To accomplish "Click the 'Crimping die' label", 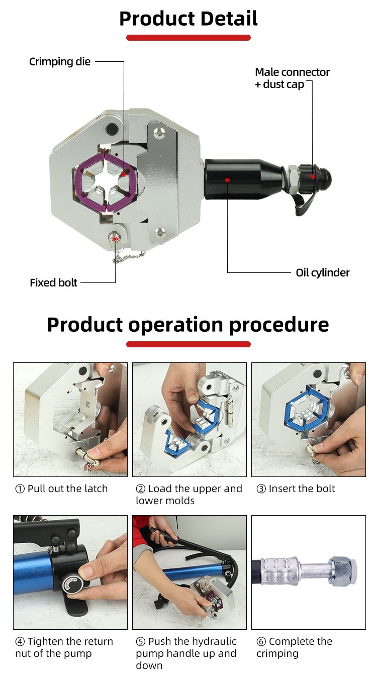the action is (60, 62).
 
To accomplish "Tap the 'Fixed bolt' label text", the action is (54, 282).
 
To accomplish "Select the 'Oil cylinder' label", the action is (323, 273).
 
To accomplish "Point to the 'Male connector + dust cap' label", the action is (292, 78).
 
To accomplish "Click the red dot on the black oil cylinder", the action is (227, 180).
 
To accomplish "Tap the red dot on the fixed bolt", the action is (115, 239).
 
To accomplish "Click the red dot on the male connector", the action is (313, 176).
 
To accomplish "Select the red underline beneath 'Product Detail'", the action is (189, 38).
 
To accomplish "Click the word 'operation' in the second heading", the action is (176, 325).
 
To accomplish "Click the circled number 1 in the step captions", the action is (20, 489).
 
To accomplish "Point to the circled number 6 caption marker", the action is (261, 641).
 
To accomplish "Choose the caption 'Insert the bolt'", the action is (302, 489).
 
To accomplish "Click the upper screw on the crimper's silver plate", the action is (159, 132).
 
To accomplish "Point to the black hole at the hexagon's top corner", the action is (112, 128).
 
